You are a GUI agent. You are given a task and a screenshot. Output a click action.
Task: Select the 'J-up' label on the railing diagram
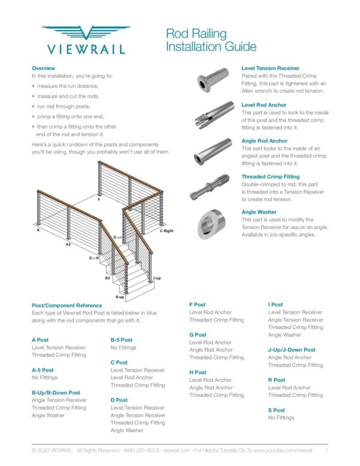157,278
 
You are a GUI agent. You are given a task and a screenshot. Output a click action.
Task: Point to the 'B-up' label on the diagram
120,297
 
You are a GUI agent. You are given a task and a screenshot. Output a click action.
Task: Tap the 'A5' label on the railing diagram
69,244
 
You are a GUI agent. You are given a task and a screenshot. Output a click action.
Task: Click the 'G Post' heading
198,334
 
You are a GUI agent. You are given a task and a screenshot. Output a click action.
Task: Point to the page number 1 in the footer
326,450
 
